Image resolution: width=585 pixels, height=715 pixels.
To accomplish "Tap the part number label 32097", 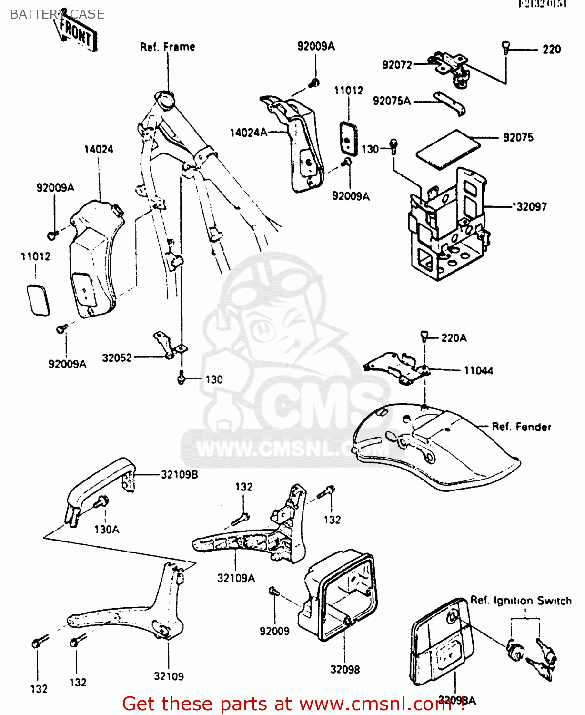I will [x=530, y=207].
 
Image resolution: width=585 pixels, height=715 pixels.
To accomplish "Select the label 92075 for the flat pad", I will [x=518, y=138].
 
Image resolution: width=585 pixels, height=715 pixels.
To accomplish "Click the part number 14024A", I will [x=248, y=133].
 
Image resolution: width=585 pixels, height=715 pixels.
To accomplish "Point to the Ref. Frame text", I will [x=167, y=47].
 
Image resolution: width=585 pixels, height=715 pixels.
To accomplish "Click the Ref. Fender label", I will [x=521, y=427].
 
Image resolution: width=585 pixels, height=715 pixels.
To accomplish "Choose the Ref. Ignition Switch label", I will [x=521, y=601].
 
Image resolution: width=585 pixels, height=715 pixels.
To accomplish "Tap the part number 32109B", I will [x=179, y=475].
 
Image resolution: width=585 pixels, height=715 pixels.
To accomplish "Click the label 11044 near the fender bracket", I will [x=478, y=371].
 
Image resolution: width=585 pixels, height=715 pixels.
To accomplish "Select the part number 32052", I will [x=117, y=358].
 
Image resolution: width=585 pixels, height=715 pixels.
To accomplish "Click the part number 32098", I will [x=345, y=670].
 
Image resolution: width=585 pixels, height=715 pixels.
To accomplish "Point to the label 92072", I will [x=397, y=65].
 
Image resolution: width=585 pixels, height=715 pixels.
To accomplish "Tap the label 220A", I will [x=454, y=338].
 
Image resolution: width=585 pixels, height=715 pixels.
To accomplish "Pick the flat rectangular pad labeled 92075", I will [x=448, y=149].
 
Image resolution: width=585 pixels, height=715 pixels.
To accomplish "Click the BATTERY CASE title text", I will [x=57, y=14].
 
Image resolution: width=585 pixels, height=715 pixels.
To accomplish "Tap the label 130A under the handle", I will [x=107, y=530].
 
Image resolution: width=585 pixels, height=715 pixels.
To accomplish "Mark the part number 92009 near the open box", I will [x=274, y=632].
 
